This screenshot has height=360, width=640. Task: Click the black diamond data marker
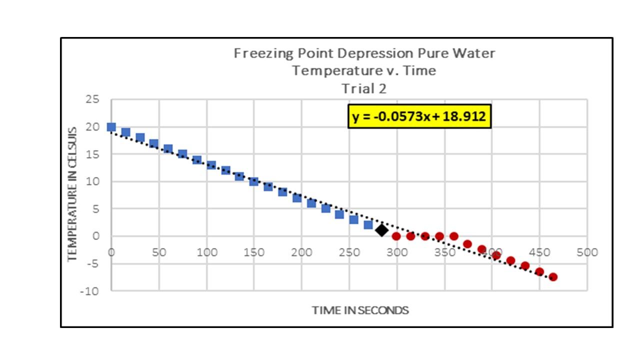click(x=382, y=230)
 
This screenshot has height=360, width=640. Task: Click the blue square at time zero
click(x=111, y=127)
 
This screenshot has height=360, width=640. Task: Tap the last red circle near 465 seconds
click(x=553, y=276)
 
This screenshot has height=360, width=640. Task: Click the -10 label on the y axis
click(x=90, y=290)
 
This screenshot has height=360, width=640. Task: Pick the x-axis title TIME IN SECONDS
click(x=360, y=310)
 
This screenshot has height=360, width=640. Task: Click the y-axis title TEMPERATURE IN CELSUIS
click(x=73, y=194)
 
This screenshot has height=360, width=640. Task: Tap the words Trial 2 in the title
click(x=364, y=88)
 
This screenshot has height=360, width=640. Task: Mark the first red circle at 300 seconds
click(x=396, y=236)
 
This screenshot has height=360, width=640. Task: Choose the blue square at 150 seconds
click(x=254, y=181)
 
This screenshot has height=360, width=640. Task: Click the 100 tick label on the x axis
click(x=206, y=252)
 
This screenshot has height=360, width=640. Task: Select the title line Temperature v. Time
click(x=364, y=71)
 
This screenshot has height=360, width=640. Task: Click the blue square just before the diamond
click(x=368, y=225)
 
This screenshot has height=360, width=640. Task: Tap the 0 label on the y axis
click(x=96, y=236)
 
